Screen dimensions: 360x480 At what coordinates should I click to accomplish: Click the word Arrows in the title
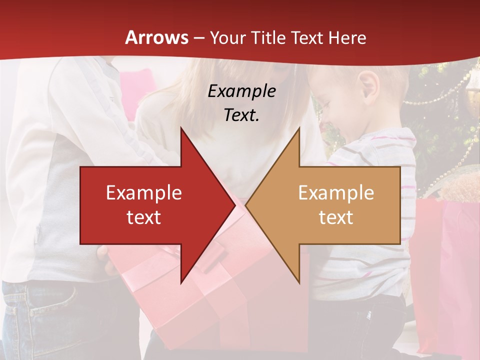coord(156,37)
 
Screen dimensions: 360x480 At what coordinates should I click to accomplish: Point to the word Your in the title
coord(227,37)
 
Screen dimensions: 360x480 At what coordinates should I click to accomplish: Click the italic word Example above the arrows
coord(241,91)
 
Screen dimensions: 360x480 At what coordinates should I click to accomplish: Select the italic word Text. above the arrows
coord(241,115)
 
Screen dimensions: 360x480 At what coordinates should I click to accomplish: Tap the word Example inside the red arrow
coord(144,193)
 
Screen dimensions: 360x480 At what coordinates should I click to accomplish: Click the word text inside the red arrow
coord(144,217)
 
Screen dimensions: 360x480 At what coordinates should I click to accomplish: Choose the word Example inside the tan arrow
coord(336,193)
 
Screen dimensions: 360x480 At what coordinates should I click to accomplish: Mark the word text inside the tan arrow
coord(336,217)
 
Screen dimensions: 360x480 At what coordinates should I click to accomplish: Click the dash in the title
coord(199,38)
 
